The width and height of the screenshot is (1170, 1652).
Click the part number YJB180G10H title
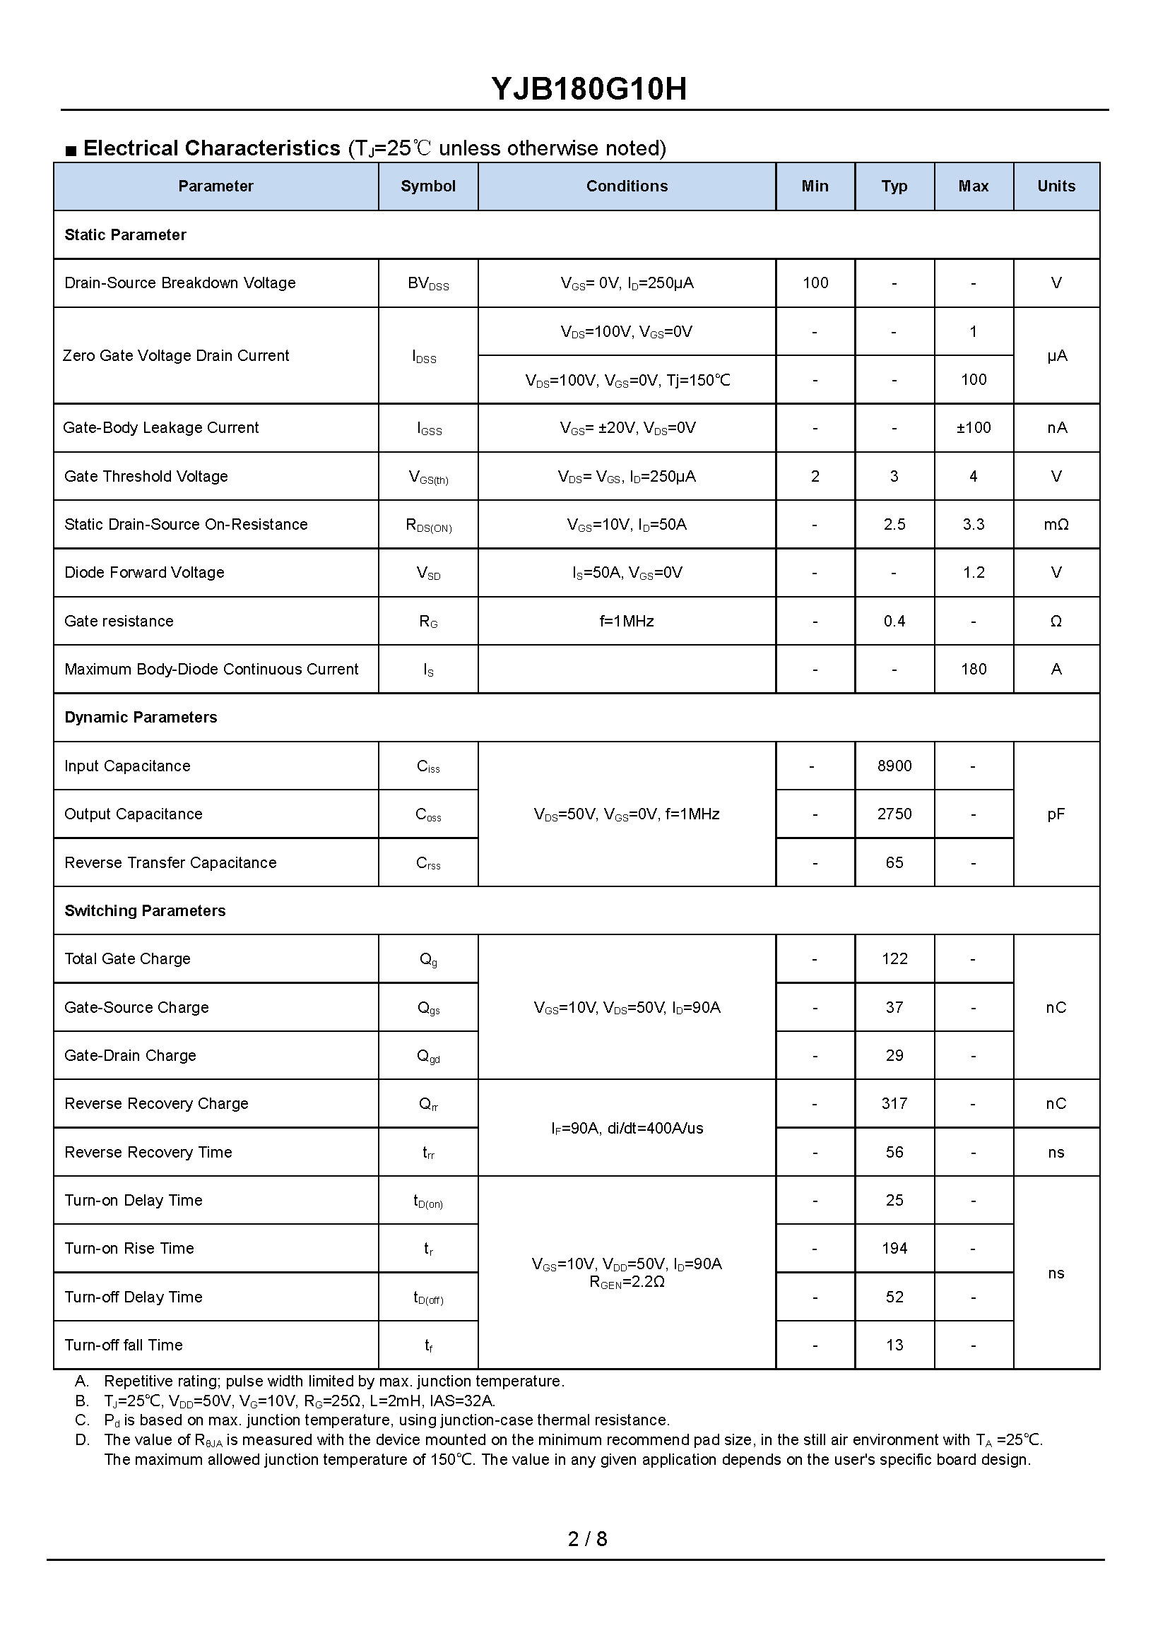(x=589, y=89)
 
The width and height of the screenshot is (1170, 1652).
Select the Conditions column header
(x=627, y=186)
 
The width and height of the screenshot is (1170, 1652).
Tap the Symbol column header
(x=428, y=186)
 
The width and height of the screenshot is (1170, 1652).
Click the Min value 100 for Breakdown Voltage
(x=815, y=283)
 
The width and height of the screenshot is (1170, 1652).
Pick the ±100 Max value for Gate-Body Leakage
(x=974, y=428)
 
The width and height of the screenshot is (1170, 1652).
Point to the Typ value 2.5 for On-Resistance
(x=894, y=524)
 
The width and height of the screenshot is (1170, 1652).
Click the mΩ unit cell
(x=1056, y=524)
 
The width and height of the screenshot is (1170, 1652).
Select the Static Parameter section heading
(x=125, y=234)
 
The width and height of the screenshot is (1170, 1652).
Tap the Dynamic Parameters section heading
(x=141, y=718)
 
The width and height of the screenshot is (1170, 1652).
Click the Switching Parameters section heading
(x=145, y=911)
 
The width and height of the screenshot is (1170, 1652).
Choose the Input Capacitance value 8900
(x=894, y=766)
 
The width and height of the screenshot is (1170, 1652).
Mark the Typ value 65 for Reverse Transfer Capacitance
(x=894, y=863)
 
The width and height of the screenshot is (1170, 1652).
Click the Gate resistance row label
(x=119, y=621)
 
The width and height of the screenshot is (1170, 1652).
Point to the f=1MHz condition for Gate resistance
(x=627, y=621)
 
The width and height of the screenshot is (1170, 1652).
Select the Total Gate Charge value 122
(x=894, y=959)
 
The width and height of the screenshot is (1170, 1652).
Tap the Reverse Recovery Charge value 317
(x=894, y=1104)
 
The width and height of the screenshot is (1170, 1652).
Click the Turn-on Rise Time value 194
(x=894, y=1249)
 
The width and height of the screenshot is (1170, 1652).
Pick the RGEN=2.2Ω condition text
(x=627, y=1283)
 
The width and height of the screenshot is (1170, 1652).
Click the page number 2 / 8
(x=587, y=1539)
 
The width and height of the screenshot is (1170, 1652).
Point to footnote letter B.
(x=82, y=1401)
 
